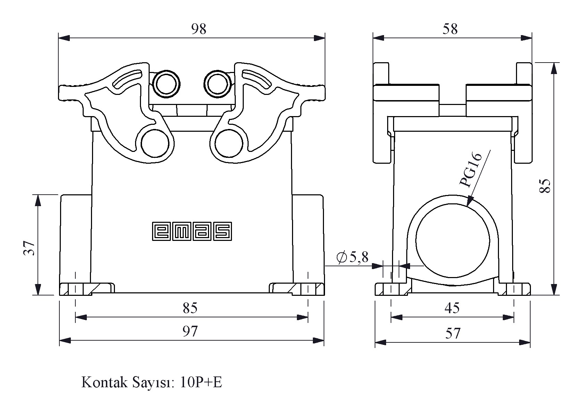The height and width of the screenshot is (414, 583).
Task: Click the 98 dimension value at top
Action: point(199,29)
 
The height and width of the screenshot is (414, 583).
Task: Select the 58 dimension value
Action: point(450,29)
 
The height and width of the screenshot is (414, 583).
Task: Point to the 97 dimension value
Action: point(190,331)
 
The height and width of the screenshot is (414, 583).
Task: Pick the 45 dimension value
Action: point(452,308)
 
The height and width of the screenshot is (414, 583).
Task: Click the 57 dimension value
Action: point(452,334)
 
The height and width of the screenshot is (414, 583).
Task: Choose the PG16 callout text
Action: point(470,170)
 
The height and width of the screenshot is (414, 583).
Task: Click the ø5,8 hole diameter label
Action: point(352,257)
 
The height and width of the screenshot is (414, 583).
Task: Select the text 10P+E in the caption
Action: point(201,383)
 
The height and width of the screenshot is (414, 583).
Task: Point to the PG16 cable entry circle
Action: point(452,240)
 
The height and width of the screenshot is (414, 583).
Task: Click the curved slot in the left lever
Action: point(128,81)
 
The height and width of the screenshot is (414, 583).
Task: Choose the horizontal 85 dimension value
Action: point(190,308)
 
